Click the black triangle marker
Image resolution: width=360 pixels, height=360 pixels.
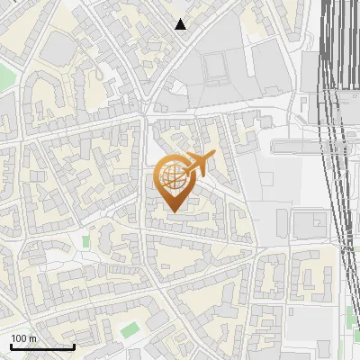tap(181, 24)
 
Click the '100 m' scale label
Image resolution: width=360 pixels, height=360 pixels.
tap(23, 338)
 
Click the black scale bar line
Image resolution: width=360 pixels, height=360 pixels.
tap(41, 346)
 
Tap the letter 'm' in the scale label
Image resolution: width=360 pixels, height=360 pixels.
tap(31, 338)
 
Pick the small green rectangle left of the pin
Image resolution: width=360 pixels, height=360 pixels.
tap(86, 241)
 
